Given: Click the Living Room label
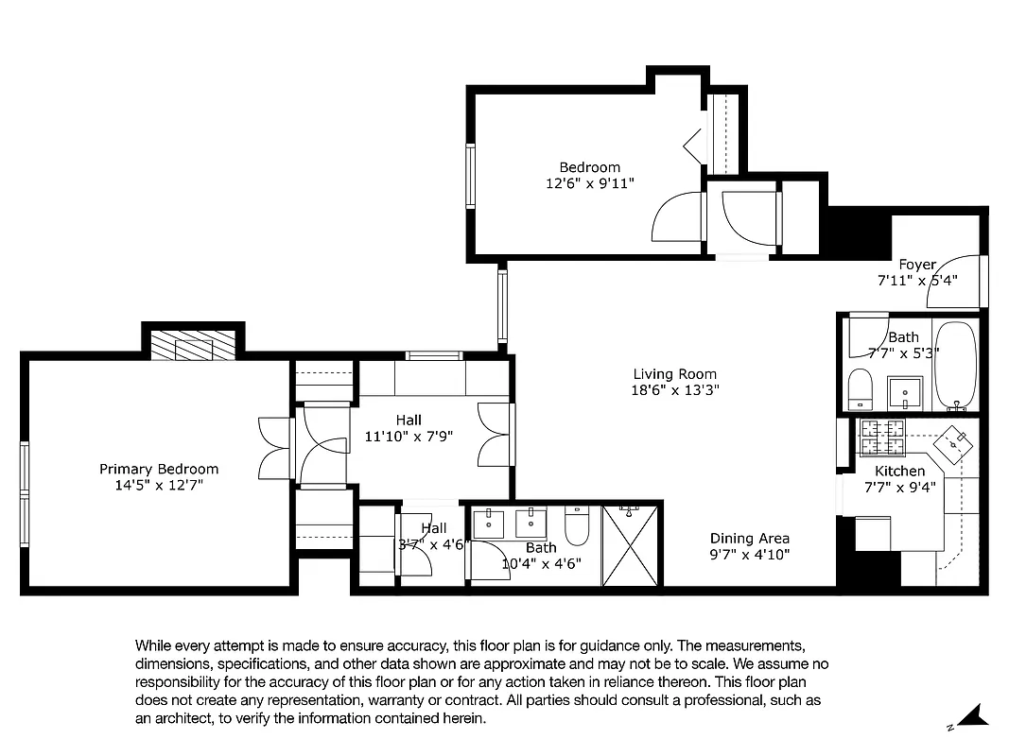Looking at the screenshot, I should click(x=674, y=373).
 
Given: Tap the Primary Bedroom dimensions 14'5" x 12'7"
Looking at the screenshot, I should click(x=159, y=485).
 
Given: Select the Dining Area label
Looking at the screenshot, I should click(x=749, y=539).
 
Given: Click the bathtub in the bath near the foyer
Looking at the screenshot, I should click(x=955, y=366).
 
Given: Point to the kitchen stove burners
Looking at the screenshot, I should click(x=880, y=437).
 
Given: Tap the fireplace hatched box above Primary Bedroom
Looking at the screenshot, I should click(x=193, y=345).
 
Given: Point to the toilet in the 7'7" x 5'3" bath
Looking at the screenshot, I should click(x=860, y=388).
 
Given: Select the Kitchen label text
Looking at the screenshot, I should click(x=899, y=471).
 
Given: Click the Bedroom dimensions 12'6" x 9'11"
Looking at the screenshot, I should click(x=589, y=183).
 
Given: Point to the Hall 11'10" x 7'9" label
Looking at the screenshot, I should click(x=409, y=428).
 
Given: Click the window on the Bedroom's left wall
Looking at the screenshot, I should click(x=470, y=175).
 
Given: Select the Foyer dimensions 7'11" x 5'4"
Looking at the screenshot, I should click(x=917, y=281).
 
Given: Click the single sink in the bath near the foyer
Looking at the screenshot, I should click(x=906, y=390).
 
